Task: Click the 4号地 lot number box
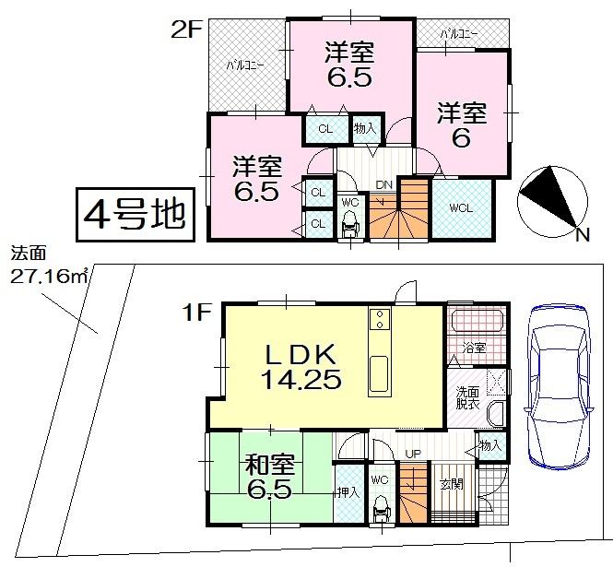pos(136,215)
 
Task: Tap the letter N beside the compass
pos(582,235)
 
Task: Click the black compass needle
pos(544,195)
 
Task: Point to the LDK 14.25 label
pos(305,365)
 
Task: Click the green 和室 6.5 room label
pos(269,475)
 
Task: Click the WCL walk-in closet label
pos(461,208)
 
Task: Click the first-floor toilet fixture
pos(381,510)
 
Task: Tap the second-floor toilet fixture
pos(349,223)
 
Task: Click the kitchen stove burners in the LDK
pos(379,320)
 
